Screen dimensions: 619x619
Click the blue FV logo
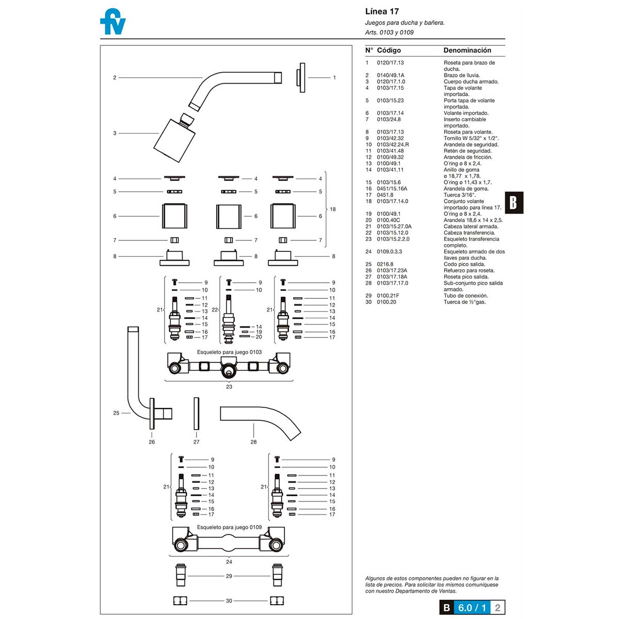(112, 22)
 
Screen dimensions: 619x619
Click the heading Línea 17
(382, 11)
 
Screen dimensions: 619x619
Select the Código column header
(388, 50)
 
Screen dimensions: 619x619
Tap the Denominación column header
(467, 50)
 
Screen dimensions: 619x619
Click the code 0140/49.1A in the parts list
(390, 75)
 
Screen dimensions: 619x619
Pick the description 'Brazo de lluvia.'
(462, 75)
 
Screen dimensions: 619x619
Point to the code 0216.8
(385, 264)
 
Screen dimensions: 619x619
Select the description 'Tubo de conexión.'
(465, 296)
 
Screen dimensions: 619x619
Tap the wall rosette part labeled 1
(301, 78)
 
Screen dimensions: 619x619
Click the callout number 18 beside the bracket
(333, 209)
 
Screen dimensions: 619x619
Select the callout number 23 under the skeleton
(229, 387)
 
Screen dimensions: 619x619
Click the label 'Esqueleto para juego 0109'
(229, 527)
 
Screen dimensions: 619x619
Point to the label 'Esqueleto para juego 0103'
(229, 352)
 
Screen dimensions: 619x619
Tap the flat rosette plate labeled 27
(196, 413)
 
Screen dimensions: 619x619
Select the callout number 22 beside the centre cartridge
(215, 309)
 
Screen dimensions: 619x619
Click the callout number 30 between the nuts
(229, 601)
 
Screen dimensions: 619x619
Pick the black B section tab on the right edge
(513, 203)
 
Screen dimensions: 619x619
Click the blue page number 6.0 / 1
(472, 608)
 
